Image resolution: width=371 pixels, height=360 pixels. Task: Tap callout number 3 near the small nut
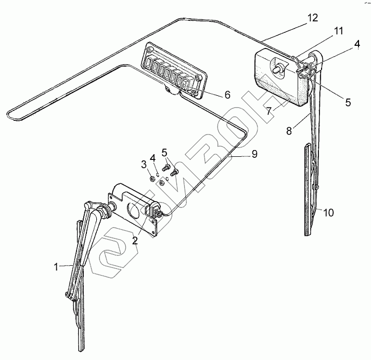click(144, 165)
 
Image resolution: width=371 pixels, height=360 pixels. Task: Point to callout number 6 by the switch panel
click(227, 95)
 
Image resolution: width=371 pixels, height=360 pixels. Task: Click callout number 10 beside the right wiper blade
click(329, 213)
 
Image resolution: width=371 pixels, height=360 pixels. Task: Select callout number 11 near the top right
click(339, 32)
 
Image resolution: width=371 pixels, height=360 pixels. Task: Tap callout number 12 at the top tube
click(312, 18)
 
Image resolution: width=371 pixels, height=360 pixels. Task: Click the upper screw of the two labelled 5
click(166, 168)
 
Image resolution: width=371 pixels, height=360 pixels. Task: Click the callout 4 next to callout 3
click(152, 157)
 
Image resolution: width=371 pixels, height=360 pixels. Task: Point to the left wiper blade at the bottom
click(80, 323)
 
